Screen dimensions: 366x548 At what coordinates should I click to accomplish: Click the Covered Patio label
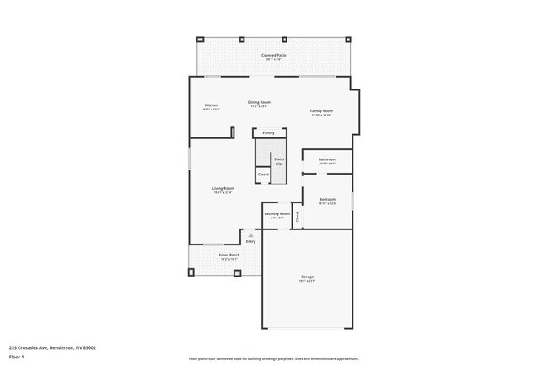274,55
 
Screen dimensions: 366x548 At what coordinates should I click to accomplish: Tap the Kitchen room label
211,105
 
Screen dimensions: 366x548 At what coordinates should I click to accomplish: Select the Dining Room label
259,102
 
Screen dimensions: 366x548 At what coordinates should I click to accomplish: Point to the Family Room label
321,110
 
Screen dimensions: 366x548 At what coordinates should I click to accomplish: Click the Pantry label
269,132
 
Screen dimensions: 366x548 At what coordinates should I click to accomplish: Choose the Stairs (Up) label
279,160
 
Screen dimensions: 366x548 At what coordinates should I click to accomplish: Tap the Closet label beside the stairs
263,174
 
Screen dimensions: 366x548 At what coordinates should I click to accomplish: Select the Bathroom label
327,159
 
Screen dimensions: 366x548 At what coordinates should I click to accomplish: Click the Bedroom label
327,199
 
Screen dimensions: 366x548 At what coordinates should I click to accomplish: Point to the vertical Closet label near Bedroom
298,216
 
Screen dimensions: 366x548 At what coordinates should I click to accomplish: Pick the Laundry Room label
277,213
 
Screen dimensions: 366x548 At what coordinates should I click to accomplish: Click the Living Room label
223,188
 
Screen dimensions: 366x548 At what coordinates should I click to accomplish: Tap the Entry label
250,241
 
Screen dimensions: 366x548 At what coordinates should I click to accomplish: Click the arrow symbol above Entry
250,234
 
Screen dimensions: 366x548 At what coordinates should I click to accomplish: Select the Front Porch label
229,254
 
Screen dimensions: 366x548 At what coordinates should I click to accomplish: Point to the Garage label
308,277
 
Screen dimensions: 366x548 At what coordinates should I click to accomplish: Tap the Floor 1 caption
17,358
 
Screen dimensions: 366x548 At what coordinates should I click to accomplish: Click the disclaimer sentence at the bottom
274,358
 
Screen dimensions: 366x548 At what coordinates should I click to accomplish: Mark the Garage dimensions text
308,281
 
